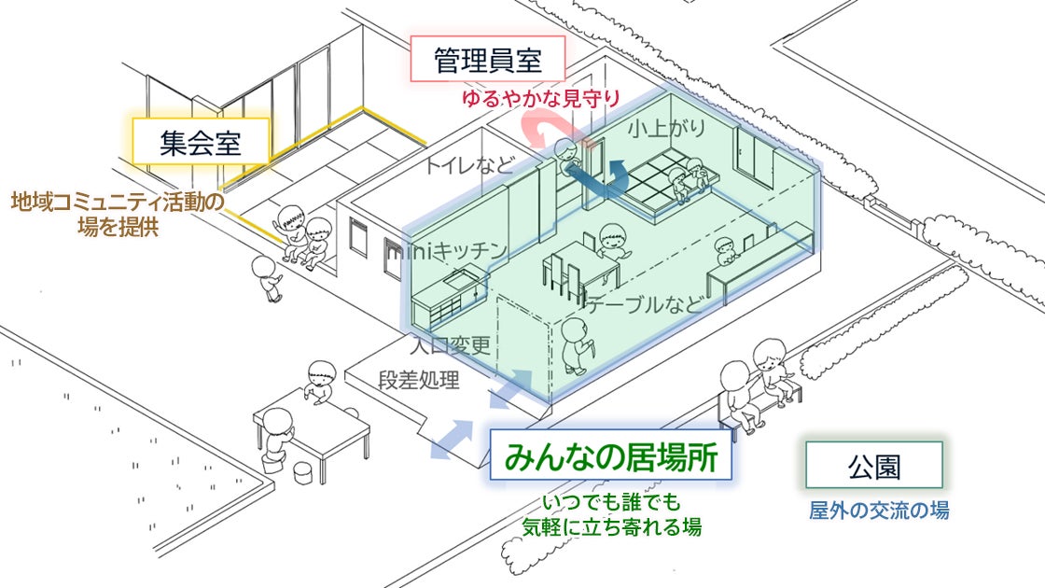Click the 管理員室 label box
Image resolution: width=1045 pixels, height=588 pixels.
(487, 63)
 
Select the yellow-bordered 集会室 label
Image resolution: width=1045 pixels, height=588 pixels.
(200, 144)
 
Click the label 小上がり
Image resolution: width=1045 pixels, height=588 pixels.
(666, 128)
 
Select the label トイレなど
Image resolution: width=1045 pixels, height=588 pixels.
(469, 167)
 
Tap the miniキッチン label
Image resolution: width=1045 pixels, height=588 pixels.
(448, 250)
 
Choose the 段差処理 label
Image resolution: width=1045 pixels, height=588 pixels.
(420, 380)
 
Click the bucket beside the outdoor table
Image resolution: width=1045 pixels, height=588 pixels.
(305, 471)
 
